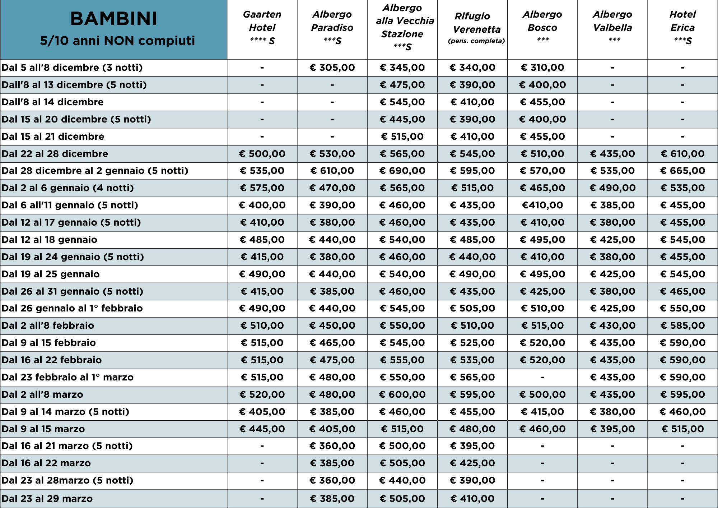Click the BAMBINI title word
(x=114, y=19)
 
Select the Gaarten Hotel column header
(x=262, y=27)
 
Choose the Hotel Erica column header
(x=682, y=27)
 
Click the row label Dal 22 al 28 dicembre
(x=55, y=154)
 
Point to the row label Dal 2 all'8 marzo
(x=42, y=394)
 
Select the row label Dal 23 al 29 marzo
(x=47, y=499)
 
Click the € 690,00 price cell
(x=402, y=171)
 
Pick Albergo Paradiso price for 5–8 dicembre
(x=332, y=68)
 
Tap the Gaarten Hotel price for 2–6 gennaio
(x=262, y=188)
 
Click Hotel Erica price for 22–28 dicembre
(x=682, y=154)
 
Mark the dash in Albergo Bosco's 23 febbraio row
(x=542, y=377)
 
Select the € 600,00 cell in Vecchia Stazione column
(x=402, y=394)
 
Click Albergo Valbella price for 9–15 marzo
(x=612, y=429)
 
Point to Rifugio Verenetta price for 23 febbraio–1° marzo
(x=472, y=377)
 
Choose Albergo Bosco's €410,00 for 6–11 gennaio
(x=542, y=205)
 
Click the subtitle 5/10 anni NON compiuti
(x=117, y=41)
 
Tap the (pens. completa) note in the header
(x=476, y=41)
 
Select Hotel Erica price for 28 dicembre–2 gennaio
(x=682, y=171)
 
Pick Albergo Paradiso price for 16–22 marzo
(x=332, y=463)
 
